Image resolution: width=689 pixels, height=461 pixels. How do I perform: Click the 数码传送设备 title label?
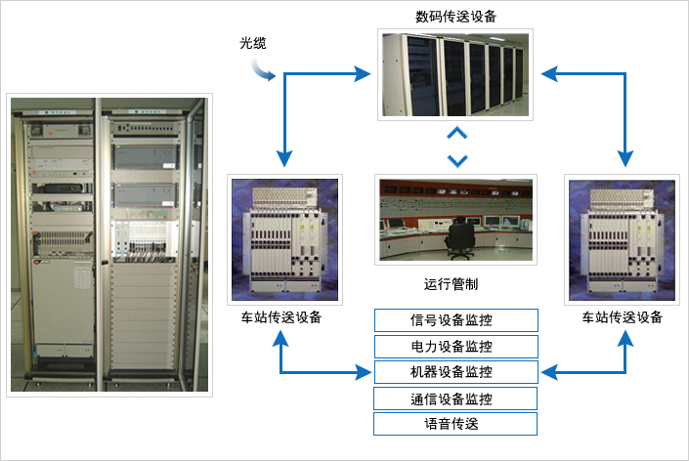click(455, 16)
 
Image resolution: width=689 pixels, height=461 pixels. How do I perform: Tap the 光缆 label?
click(253, 43)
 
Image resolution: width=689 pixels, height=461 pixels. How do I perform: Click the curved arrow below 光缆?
click(262, 69)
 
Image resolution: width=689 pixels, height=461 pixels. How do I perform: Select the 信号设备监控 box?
click(456, 319)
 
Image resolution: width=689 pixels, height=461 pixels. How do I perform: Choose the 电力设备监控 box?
click(456, 346)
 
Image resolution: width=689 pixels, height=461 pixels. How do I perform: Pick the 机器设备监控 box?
click(456, 371)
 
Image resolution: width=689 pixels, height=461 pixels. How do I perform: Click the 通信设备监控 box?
click(456, 398)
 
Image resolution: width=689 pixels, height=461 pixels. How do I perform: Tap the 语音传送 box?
click(456, 424)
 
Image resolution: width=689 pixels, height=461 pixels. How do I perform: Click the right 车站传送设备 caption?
click(623, 317)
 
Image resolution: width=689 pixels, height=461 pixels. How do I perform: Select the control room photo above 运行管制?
click(455, 220)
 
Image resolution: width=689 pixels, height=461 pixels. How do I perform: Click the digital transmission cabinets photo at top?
click(455, 74)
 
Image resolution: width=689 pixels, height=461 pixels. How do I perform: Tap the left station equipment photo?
click(283, 238)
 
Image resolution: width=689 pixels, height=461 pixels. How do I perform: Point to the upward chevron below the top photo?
click(456, 134)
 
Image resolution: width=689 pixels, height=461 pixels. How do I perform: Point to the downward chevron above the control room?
click(456, 159)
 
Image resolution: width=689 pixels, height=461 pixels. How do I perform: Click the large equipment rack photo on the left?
click(109, 244)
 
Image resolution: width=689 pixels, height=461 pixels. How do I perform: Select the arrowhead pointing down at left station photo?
click(284, 157)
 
